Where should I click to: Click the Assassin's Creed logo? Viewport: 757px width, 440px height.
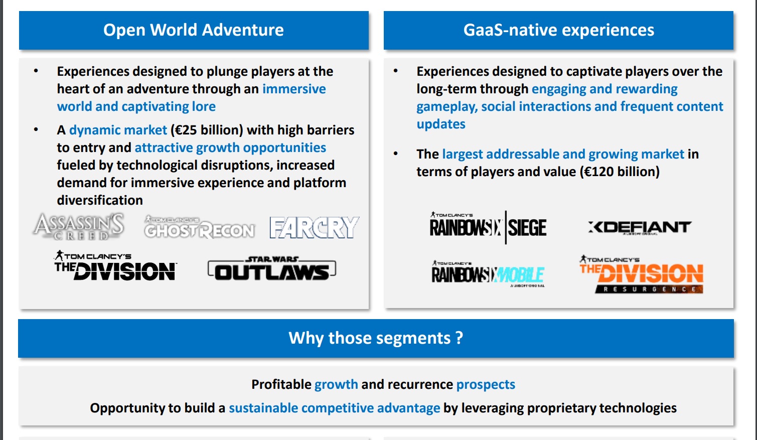coord(79,226)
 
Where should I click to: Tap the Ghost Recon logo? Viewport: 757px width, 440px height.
coord(199,227)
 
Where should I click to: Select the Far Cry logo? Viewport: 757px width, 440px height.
coord(314,227)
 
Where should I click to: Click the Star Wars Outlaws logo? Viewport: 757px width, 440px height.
coord(272,268)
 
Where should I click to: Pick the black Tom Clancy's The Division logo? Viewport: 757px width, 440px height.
coord(115,266)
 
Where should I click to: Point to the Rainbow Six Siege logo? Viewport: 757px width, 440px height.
coord(488,227)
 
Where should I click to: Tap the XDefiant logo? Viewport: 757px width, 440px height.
coord(640,227)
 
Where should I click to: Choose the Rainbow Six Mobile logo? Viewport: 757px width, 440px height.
coord(488,274)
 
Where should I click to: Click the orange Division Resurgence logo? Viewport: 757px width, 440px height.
coord(641,274)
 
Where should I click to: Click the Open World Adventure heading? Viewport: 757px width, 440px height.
coord(194,30)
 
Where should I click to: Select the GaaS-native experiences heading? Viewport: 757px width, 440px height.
coord(558,30)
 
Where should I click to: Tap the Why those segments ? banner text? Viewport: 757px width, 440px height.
coord(376,338)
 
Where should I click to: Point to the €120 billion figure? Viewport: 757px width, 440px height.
coord(620,172)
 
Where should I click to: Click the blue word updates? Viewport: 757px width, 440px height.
coord(441,124)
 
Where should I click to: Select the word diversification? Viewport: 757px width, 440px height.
coord(100,200)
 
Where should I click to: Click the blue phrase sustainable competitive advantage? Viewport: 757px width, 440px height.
coord(334,408)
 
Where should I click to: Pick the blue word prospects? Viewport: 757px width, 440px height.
coord(486,384)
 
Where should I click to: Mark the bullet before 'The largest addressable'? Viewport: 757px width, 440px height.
coord(396,154)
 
